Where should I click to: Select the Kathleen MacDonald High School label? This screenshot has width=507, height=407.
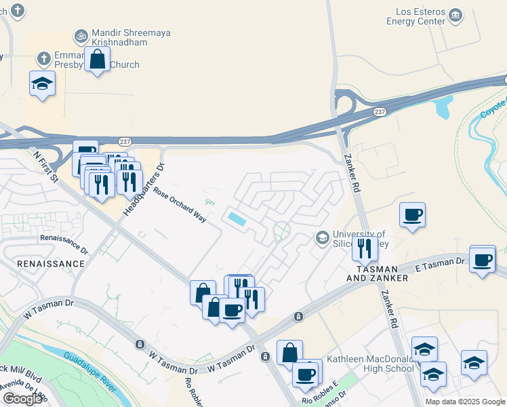tap(370, 364)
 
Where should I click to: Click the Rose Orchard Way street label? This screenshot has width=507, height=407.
tap(180, 201)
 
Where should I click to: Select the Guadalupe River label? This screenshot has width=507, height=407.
tap(94, 369)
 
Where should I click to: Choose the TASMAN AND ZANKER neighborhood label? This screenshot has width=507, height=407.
tap(378, 273)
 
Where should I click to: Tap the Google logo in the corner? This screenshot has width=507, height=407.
tap(22, 399)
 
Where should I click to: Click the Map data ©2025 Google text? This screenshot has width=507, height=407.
tap(464, 402)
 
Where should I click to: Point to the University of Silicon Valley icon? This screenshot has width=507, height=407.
tap(322, 237)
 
